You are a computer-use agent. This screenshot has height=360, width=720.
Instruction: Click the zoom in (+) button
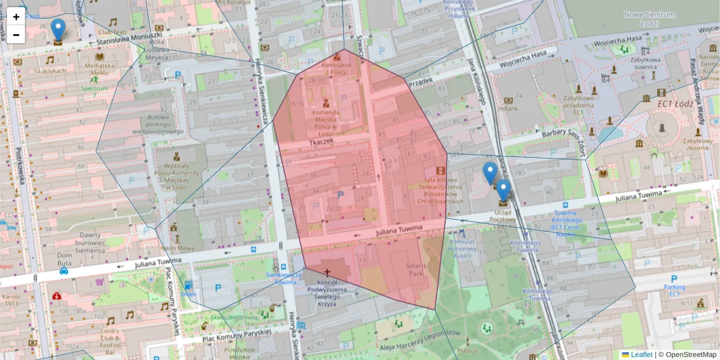pyautogui.click(x=16, y=17)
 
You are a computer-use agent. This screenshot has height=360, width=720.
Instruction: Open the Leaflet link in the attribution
pyautogui.click(x=641, y=355)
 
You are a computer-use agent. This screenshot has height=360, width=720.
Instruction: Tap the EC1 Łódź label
pyautogui.click(x=675, y=103)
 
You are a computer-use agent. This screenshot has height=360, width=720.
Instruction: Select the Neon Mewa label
pyautogui.click(x=175, y=248)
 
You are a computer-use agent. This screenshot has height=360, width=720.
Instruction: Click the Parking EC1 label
pyautogui.click(x=674, y=290)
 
